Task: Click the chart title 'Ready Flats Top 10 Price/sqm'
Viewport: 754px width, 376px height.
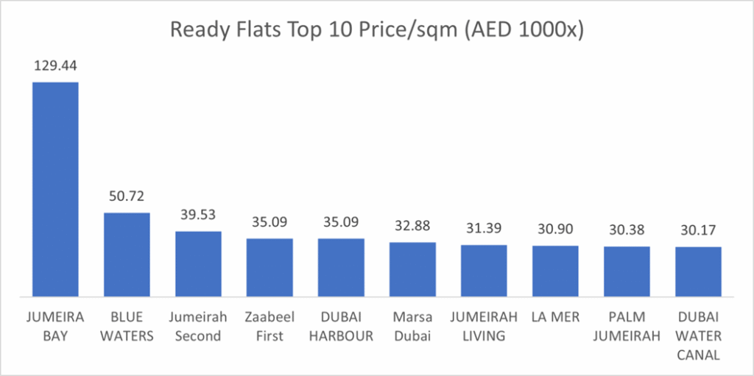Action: pyautogui.click(x=376, y=30)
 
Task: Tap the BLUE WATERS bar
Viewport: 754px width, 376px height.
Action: pyautogui.click(x=126, y=255)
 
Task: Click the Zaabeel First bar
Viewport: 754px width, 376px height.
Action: pyautogui.click(x=269, y=267)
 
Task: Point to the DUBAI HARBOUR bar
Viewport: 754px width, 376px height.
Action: pyautogui.click(x=341, y=267)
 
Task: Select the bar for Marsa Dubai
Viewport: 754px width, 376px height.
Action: pyautogui.click(x=412, y=269)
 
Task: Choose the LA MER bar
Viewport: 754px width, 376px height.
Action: pyautogui.click(x=555, y=271)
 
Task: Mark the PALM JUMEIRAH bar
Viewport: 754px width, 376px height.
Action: pyautogui.click(x=627, y=272)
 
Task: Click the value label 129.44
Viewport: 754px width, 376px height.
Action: pyautogui.click(x=54, y=66)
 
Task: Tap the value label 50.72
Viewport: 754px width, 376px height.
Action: pyautogui.click(x=126, y=197)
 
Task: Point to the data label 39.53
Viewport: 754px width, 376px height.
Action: pyautogui.click(x=198, y=216)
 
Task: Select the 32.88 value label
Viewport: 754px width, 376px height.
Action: pyautogui.click(x=412, y=227)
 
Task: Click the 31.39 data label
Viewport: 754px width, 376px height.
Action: pyautogui.click(x=484, y=230)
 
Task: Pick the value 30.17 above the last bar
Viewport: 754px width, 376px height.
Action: pyautogui.click(x=698, y=231)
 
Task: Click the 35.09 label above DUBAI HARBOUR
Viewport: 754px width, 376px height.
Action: pyautogui.click(x=341, y=223)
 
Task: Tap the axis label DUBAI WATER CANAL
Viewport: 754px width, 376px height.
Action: pyautogui.click(x=698, y=336)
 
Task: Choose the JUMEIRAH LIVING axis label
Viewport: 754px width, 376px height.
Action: pyautogui.click(x=484, y=327)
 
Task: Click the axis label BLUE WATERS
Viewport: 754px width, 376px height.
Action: pyautogui.click(x=126, y=327)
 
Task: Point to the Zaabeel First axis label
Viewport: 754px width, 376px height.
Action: pyautogui.click(x=269, y=327)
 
